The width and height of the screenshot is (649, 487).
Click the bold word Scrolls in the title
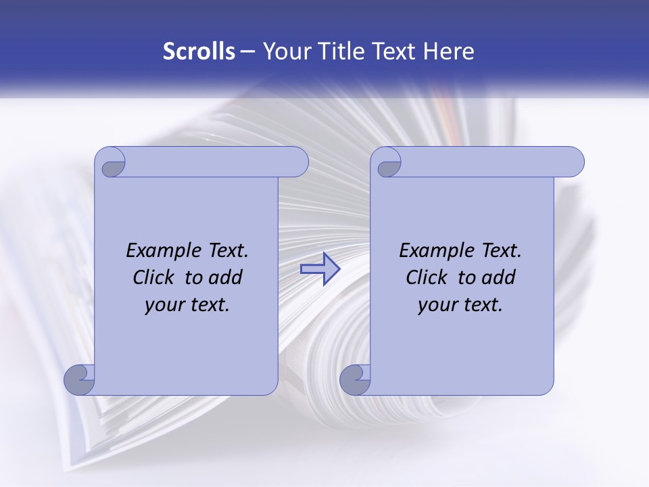pyautogui.click(x=199, y=51)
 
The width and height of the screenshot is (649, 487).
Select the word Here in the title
pyautogui.click(x=449, y=51)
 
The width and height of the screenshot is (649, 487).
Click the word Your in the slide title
pyautogui.click(x=285, y=51)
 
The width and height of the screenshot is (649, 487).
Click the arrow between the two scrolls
pyautogui.click(x=320, y=269)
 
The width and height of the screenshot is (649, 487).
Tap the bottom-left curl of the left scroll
pyautogui.click(x=80, y=380)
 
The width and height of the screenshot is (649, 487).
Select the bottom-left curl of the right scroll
pyautogui.click(x=356, y=380)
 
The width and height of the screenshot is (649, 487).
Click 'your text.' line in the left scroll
pyautogui.click(x=187, y=305)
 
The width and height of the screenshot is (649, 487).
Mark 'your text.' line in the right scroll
pyautogui.click(x=460, y=305)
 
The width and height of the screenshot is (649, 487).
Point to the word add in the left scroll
pyautogui.click(x=225, y=277)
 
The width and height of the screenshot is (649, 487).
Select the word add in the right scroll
pyautogui.click(x=498, y=277)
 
